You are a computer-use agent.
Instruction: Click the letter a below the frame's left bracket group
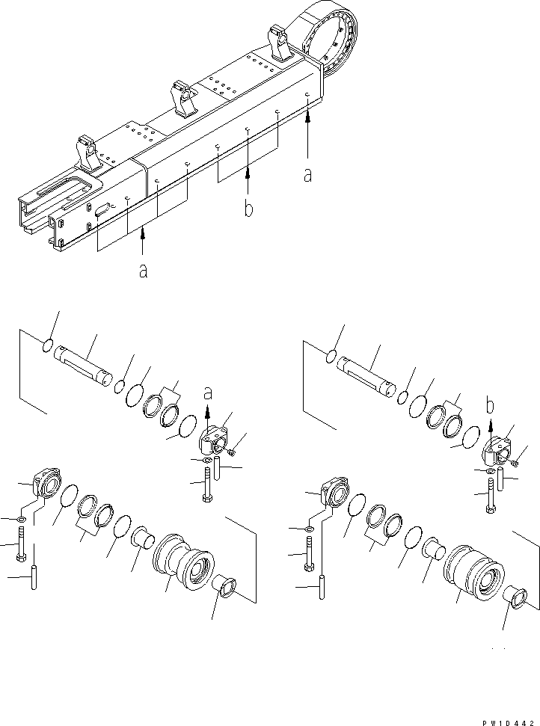(143, 271)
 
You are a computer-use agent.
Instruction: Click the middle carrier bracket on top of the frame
(183, 98)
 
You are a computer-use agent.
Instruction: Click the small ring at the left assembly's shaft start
(46, 345)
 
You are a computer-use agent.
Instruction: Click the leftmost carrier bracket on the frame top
(87, 153)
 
